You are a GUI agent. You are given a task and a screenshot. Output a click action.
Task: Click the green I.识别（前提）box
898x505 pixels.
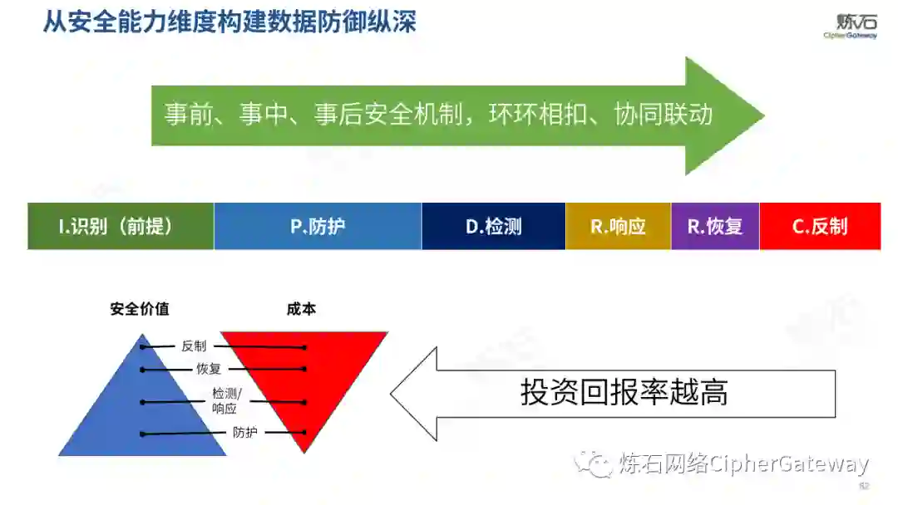[x=121, y=226]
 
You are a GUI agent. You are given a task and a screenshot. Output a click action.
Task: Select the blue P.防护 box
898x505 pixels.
[x=318, y=226]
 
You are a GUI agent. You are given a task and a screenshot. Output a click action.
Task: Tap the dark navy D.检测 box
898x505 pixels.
[x=493, y=226]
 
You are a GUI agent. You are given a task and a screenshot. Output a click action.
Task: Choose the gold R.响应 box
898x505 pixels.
[x=618, y=226]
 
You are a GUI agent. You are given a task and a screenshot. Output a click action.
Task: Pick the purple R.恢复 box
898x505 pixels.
[x=715, y=226]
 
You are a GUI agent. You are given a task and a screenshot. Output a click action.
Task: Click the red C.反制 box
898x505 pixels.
[x=820, y=226]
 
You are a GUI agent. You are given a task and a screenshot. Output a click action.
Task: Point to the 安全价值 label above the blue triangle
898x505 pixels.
[x=140, y=309]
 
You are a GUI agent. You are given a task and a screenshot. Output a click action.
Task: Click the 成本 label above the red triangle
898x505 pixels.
[x=301, y=309]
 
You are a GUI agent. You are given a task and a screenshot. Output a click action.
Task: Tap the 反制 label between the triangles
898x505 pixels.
[x=194, y=346]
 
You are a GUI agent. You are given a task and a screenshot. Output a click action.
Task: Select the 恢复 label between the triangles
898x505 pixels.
[x=209, y=369]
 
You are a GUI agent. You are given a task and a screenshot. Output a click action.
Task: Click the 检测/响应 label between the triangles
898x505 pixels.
[x=224, y=400]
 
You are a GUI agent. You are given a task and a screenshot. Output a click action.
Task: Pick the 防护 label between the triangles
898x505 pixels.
[x=244, y=433]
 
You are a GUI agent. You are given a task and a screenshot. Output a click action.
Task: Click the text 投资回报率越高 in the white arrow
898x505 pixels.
[x=624, y=393]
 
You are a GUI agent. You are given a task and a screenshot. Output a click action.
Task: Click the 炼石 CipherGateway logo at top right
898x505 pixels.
[x=850, y=26]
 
